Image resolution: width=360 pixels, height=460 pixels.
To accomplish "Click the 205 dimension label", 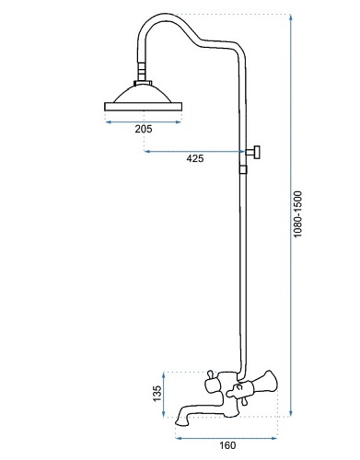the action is click(144, 129).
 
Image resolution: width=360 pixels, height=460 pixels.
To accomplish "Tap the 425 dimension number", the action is click(195, 158).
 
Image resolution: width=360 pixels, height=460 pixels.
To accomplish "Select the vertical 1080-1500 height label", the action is click(297, 214).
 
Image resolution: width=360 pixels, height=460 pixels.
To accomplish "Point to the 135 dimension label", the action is click(157, 394).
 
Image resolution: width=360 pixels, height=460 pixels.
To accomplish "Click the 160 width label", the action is click(227, 445).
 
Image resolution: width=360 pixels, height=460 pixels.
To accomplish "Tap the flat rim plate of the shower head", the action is click(144, 107).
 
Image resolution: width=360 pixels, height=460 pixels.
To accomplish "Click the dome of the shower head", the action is click(144, 94).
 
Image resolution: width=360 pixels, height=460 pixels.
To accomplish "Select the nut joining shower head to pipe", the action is click(143, 83).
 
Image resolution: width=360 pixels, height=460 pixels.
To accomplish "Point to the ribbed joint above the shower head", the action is click(142, 71).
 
